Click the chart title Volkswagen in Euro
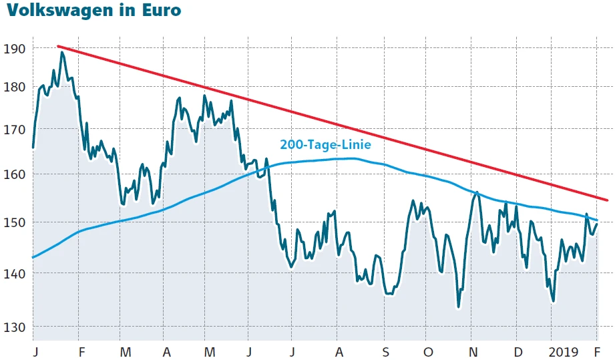pos(91,11)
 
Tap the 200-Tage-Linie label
pos(325,144)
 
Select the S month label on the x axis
pos(385,351)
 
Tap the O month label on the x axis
pos(428,351)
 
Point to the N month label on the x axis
pos(473,351)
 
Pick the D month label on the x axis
pos(518,351)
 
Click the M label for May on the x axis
pos(210,351)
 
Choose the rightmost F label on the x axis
pos(597,351)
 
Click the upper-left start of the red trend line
pos(58,46)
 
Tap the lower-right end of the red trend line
pos(607,200)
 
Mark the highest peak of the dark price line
pos(62,52)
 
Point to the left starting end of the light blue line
pos(33,257)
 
